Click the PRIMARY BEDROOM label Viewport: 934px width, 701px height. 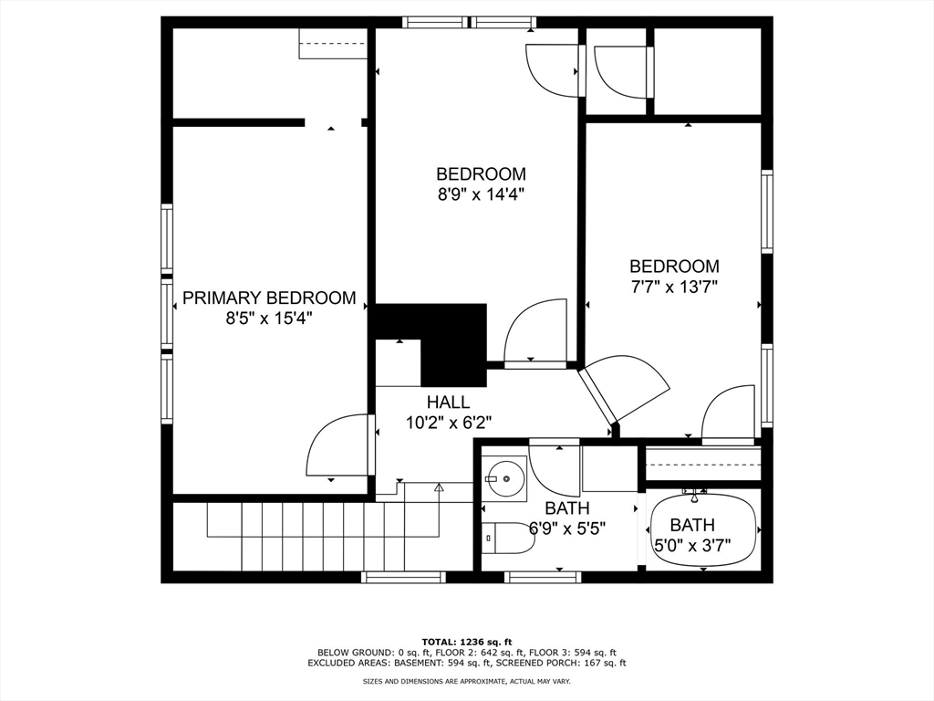click(269, 298)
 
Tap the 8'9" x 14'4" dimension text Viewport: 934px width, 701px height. click(482, 194)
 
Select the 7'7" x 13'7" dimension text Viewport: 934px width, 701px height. click(674, 287)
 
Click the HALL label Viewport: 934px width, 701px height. click(448, 402)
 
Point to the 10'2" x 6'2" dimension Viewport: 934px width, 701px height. click(449, 423)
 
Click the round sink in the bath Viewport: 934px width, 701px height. click(505, 478)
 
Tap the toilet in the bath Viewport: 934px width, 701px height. click(507, 538)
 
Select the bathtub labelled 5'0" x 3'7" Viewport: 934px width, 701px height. click(704, 530)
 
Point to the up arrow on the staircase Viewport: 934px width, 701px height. click(439, 487)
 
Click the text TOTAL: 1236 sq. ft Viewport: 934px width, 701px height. click(467, 642)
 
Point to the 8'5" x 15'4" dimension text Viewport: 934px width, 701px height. click(269, 319)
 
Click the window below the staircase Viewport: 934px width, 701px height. click(403, 577)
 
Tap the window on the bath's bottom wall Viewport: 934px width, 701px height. click(542, 577)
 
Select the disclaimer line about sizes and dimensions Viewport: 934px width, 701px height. click(467, 681)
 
